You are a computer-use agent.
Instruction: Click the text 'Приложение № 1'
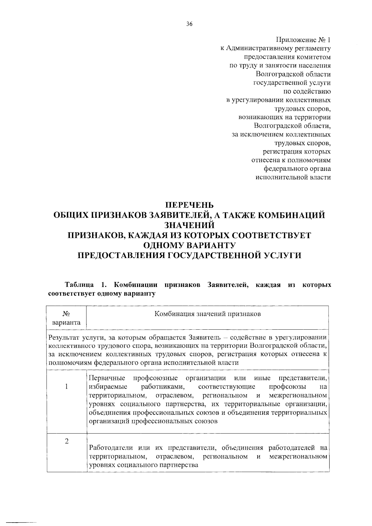point(303,40)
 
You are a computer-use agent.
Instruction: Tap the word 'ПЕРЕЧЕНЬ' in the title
point(189,205)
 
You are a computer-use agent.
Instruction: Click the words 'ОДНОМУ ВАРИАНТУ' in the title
point(189,245)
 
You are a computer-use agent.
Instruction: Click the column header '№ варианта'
point(67,318)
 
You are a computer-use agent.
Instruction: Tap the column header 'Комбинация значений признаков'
point(208,314)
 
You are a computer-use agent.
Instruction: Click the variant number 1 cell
point(67,386)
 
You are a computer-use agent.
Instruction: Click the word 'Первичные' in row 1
point(107,378)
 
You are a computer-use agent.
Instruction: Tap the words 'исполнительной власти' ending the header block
point(293,178)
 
